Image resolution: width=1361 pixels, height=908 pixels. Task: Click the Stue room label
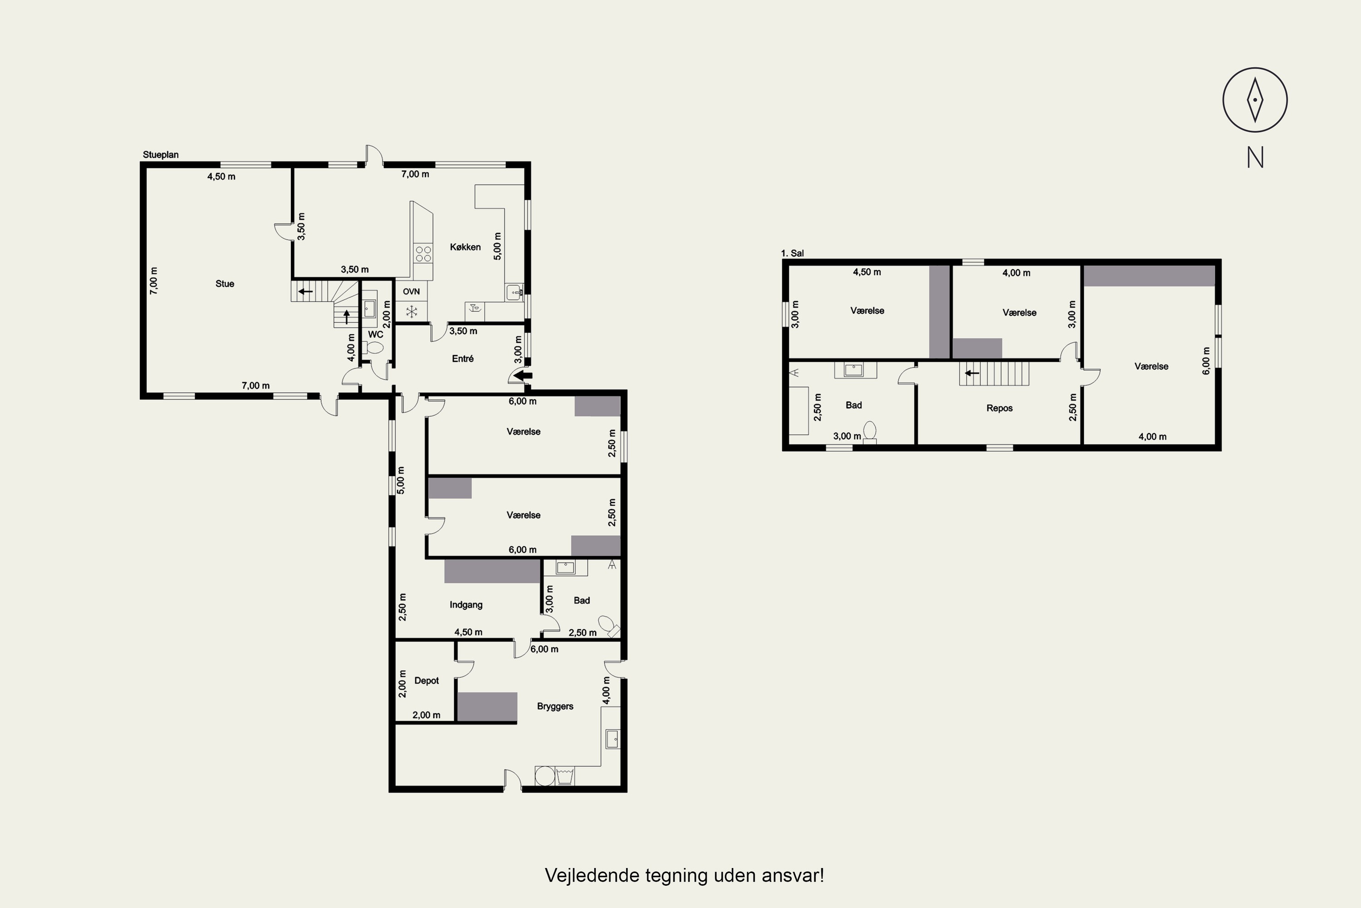coord(225,284)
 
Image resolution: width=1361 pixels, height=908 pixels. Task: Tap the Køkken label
coord(465,247)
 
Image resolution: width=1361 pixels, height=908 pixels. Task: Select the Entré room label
coord(463,359)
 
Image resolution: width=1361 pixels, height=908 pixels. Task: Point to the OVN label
coord(411,291)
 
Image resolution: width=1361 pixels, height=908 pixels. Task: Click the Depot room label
coord(426,681)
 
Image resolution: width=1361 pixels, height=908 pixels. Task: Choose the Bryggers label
coord(555,706)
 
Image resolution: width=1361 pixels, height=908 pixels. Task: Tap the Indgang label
coord(466,605)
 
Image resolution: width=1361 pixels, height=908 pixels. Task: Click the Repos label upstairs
coord(999,408)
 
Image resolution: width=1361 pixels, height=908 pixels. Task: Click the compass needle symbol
coord(1254,99)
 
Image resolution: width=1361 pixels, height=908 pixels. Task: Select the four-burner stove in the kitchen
coord(423,254)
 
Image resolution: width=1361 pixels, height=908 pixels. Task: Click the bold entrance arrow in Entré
coord(523,375)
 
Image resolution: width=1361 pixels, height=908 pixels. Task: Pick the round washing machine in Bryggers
coord(544,776)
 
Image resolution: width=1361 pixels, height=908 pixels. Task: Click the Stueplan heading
coord(161,155)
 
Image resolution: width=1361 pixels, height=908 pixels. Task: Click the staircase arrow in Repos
coord(972,373)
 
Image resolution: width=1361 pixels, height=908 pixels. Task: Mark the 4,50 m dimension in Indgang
coord(468,632)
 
